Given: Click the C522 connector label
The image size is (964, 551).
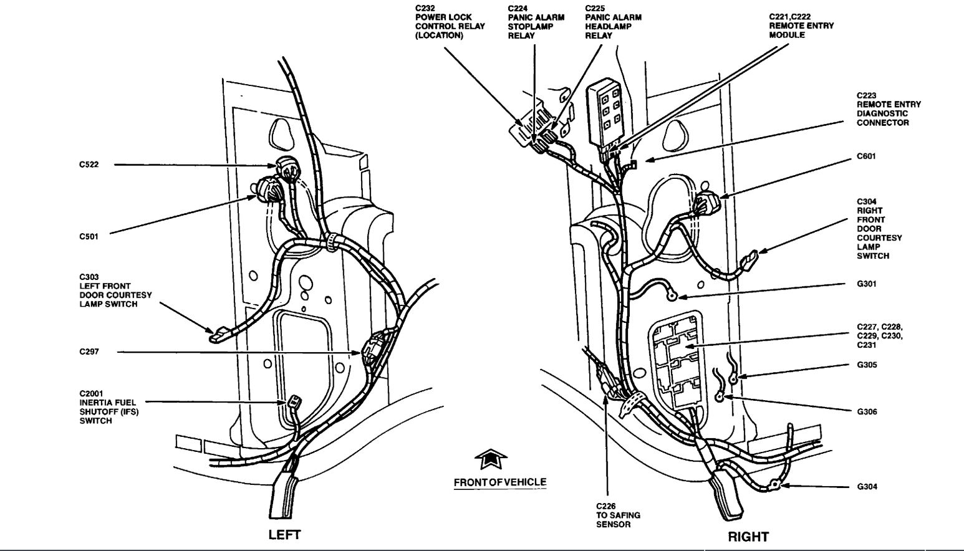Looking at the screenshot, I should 89,165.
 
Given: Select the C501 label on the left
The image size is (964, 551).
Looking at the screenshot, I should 89,236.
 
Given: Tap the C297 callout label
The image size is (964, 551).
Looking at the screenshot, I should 89,352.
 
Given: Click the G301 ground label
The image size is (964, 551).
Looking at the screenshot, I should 867,284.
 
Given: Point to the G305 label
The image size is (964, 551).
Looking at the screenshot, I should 867,365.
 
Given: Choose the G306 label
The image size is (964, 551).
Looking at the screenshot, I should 867,411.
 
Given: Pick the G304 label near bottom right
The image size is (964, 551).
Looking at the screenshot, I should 867,486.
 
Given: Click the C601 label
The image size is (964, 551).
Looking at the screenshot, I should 865,156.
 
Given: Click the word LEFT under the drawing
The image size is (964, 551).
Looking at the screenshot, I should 284,535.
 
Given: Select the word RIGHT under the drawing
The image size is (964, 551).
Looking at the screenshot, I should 748,536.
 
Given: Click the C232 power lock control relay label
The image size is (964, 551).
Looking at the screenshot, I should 443,22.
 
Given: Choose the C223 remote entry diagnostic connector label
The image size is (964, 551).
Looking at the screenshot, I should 888,109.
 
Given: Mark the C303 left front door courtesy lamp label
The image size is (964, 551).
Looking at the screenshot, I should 115,290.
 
